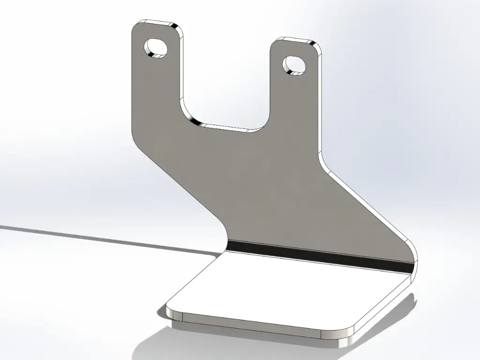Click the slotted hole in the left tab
pos(157,48)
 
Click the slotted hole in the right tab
pos(294,66)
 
